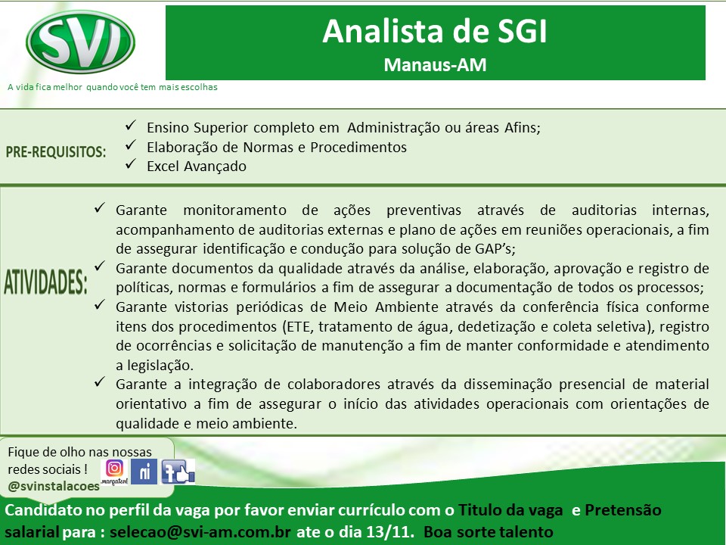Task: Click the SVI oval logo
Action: tap(80, 42)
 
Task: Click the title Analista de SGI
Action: tap(435, 32)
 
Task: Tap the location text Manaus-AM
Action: tap(436, 65)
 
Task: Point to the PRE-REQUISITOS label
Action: tap(55, 151)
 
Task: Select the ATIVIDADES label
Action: tap(45, 282)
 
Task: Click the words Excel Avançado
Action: tap(197, 167)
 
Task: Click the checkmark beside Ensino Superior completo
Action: tap(131, 125)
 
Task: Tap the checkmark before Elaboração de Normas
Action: tap(131, 145)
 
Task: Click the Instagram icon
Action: tap(114, 469)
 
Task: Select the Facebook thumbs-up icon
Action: tap(178, 472)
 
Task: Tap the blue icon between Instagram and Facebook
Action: tap(144, 472)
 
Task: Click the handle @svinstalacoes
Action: tap(54, 486)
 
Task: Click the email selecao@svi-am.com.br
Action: tap(200, 531)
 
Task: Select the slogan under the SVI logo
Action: tap(113, 87)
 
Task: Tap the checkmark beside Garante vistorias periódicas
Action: tap(100, 305)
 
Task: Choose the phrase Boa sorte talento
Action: tap(489, 531)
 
